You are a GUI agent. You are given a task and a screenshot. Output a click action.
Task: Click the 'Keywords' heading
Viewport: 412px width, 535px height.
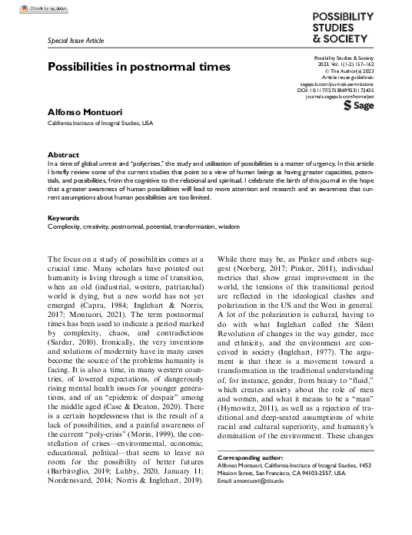point(64,218)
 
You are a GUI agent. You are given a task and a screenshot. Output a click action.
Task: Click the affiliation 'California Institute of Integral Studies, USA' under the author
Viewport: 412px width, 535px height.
point(100,123)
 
